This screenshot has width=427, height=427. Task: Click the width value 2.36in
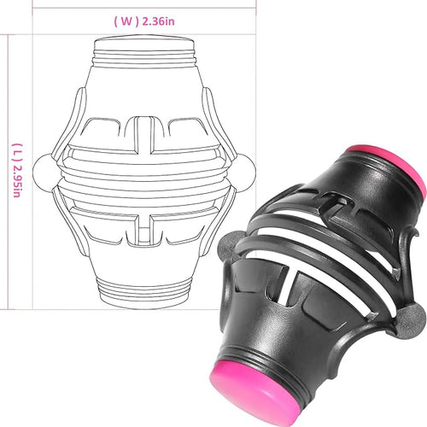tap(158, 21)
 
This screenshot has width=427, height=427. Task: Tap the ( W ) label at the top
tap(126, 21)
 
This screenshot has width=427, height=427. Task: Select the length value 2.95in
tap(16, 180)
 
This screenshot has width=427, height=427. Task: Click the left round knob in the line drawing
tap(42, 173)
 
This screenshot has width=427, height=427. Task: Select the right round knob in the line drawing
tap(247, 173)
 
